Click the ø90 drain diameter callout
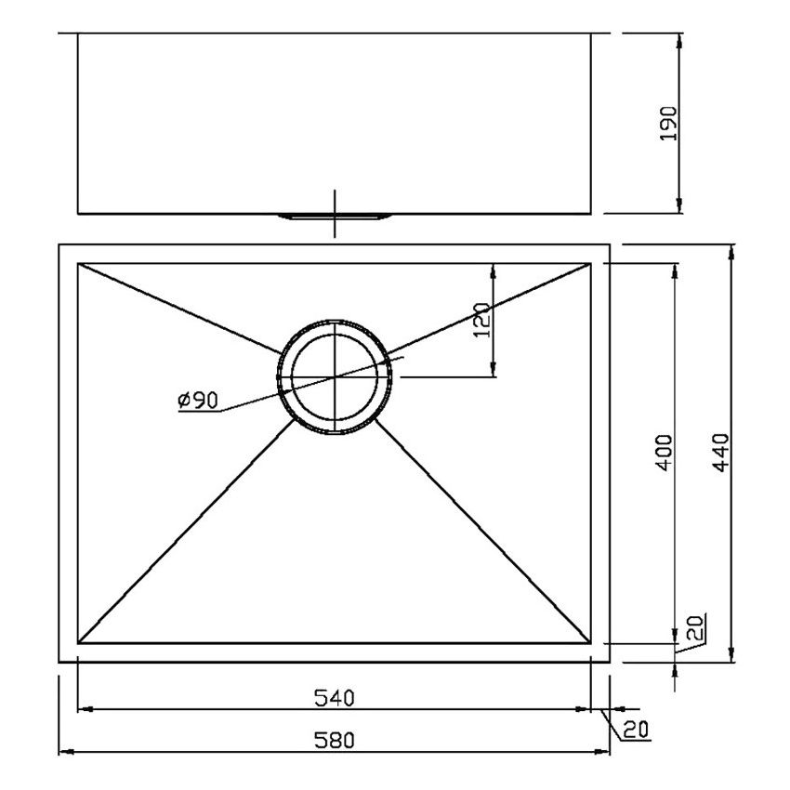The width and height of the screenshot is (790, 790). point(196,401)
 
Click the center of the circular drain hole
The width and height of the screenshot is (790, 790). point(335,376)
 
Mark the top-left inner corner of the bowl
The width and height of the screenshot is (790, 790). point(78,264)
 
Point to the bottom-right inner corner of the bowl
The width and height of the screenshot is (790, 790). point(592,643)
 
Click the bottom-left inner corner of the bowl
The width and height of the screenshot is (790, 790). point(78,643)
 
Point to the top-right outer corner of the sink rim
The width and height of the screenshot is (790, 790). point(610,245)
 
